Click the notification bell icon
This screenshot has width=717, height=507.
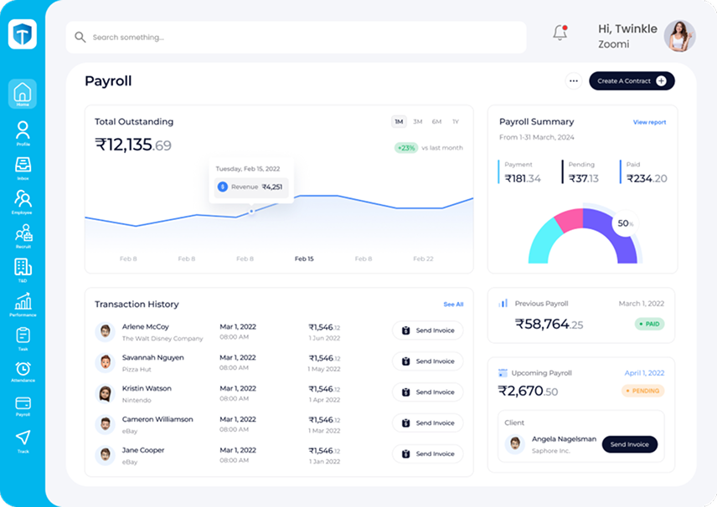560,33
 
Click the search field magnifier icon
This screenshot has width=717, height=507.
80,38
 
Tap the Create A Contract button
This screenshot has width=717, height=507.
632,81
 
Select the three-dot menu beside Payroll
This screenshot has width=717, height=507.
574,81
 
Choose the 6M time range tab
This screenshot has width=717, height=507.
436,122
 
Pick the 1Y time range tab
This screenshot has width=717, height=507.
456,122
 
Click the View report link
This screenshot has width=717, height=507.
649,122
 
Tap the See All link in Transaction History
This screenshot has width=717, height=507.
453,305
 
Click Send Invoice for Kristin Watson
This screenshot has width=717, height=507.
428,392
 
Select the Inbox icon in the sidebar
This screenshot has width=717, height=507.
23,166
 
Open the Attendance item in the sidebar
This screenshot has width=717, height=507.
23,371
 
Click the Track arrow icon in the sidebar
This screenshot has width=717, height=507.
23,439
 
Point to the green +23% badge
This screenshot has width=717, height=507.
406,148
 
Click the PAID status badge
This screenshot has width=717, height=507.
649,324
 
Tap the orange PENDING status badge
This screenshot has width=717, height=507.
642,391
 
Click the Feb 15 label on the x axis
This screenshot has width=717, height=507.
304,259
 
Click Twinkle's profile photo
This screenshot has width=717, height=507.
679,36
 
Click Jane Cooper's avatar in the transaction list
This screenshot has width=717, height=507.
106,455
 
